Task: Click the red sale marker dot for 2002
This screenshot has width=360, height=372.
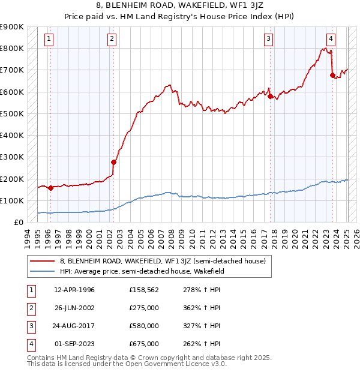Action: pyautogui.click(x=113, y=162)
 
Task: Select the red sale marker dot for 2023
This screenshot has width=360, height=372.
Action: pyautogui.click(x=332, y=75)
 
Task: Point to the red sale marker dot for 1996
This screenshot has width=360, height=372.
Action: pyautogui.click(x=50, y=188)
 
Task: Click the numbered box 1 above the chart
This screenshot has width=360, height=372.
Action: pyautogui.click(x=49, y=40)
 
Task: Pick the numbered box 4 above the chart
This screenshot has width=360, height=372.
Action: pyautogui.click(x=331, y=40)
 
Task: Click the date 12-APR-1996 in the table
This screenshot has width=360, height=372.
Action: pyautogui.click(x=74, y=290)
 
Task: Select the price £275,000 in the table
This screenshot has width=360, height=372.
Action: pyautogui.click(x=144, y=308)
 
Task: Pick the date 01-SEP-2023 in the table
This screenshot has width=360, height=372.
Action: pyautogui.click(x=74, y=344)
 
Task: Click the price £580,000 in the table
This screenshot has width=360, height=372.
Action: pyautogui.click(x=144, y=326)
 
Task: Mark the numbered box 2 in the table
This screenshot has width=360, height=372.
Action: pyautogui.click(x=30, y=308)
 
